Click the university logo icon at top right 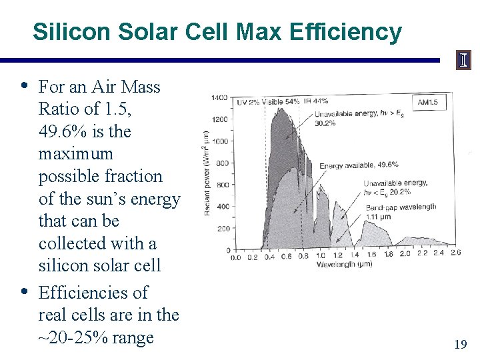tap(463, 61)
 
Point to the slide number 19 tap(460, 344)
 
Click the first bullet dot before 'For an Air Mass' tap(25, 85)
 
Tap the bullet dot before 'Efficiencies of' tap(25, 291)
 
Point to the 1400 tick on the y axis tap(219, 98)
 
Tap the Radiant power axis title tap(207, 171)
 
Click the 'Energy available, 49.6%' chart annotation tap(359, 165)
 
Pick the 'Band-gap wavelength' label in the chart tap(401, 207)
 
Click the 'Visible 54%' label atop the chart tap(283, 102)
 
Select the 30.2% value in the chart tap(325, 123)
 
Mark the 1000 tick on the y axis tap(219, 141)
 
